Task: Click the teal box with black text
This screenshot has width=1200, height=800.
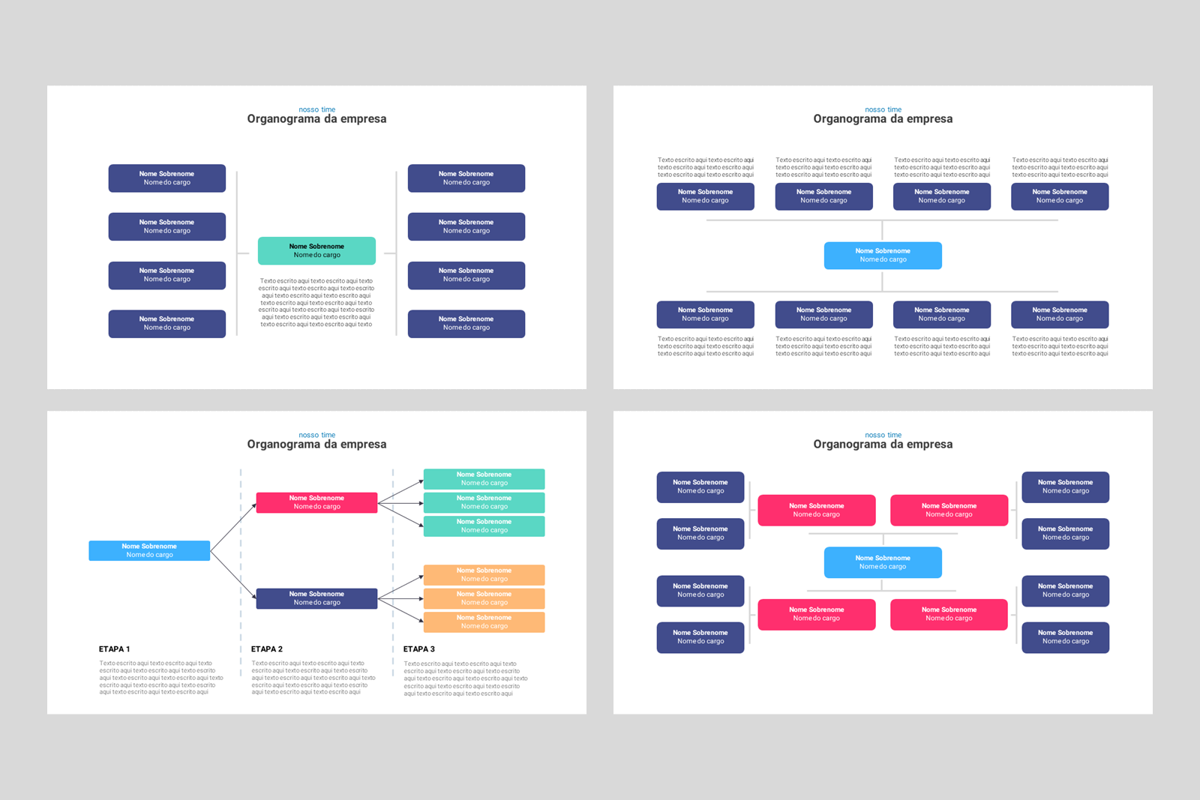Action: click(x=316, y=250)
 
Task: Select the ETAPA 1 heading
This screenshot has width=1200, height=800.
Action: click(x=115, y=649)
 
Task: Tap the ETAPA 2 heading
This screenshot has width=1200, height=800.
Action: click(x=267, y=649)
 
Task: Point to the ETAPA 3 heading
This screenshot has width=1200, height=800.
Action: click(x=419, y=649)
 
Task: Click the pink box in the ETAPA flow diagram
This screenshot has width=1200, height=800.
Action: click(x=316, y=502)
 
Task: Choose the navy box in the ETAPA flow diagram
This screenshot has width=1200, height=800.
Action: click(x=316, y=598)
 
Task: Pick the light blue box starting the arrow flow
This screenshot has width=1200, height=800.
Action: click(x=149, y=550)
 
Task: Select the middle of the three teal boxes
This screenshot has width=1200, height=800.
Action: click(x=484, y=502)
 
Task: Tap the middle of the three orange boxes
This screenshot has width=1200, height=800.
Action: click(x=484, y=598)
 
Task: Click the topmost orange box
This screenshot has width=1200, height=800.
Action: click(x=484, y=575)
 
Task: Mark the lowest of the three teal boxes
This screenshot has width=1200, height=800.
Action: click(x=484, y=526)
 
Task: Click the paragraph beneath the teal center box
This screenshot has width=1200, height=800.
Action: click(x=316, y=303)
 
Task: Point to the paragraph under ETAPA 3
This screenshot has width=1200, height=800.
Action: click(x=465, y=679)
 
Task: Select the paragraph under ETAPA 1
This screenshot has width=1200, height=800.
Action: click(x=160, y=678)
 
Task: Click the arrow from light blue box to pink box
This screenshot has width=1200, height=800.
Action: click(x=233, y=527)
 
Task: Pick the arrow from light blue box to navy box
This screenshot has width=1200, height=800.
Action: click(x=233, y=574)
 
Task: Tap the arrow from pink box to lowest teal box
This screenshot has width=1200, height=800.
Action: click(x=400, y=514)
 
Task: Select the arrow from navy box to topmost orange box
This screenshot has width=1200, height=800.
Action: click(x=400, y=587)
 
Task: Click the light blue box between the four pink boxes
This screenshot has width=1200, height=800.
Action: click(x=883, y=562)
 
